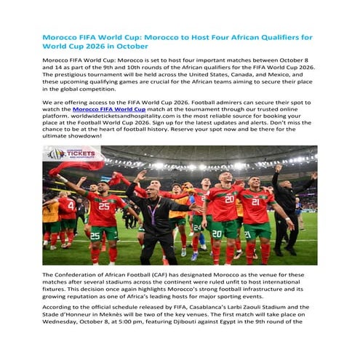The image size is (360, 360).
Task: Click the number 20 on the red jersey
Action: pos(229,198)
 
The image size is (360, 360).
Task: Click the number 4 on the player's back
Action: pos(70,205)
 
